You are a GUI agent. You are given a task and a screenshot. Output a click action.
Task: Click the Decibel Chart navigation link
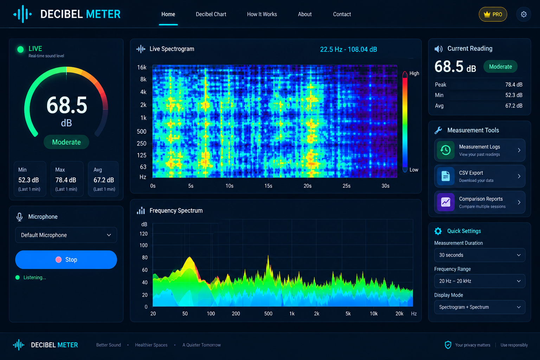(211, 14)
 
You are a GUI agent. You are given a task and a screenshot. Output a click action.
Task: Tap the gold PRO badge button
(493, 14)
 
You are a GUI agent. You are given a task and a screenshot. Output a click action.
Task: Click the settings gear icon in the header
(523, 14)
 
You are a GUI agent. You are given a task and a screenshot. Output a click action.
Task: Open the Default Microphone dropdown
(66, 235)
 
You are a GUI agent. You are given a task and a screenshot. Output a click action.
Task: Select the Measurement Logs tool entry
(480, 150)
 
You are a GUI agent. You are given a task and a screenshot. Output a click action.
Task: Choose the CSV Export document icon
(445, 176)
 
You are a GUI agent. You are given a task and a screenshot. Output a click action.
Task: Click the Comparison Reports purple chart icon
(445, 202)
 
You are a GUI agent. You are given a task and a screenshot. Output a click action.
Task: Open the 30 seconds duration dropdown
(480, 255)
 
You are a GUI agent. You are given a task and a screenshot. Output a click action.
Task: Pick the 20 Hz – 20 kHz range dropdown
(480, 281)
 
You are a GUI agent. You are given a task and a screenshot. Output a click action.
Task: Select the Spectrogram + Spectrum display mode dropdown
(480, 307)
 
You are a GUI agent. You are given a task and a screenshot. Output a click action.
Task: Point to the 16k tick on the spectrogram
(142, 67)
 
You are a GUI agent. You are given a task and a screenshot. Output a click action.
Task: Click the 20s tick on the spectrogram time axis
(307, 186)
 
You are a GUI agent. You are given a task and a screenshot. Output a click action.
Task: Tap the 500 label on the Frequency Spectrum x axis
(268, 314)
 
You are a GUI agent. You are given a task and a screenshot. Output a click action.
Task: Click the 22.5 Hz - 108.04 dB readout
(348, 50)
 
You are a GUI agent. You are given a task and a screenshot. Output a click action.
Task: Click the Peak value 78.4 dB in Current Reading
(514, 85)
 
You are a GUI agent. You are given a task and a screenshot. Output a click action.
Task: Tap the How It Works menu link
(262, 14)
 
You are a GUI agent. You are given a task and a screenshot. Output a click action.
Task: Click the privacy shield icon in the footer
(448, 345)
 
